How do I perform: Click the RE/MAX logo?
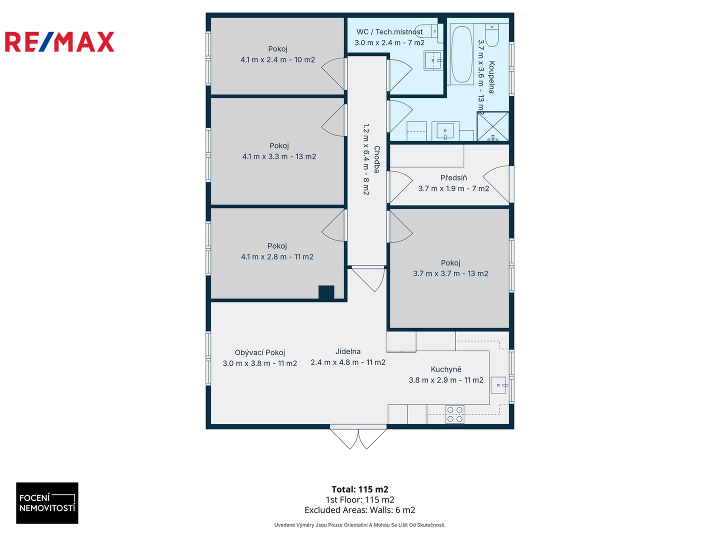(x=59, y=41)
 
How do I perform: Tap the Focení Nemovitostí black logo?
(x=47, y=502)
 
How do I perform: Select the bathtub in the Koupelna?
(x=461, y=54)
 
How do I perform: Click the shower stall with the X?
(x=492, y=126)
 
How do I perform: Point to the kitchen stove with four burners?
(x=454, y=414)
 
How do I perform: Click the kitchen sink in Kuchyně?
(x=499, y=385)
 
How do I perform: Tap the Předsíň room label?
(x=453, y=177)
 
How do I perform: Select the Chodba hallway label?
(x=376, y=159)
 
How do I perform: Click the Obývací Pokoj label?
(x=260, y=352)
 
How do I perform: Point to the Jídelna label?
(x=347, y=351)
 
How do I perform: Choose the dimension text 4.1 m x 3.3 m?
(x=265, y=156)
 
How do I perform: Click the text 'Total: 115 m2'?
(x=360, y=489)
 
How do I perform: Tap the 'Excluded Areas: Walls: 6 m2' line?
(x=360, y=510)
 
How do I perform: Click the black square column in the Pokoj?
(x=326, y=292)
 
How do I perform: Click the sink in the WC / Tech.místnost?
(x=433, y=60)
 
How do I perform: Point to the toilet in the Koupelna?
(x=492, y=35)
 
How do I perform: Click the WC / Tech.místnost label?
(x=389, y=32)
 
